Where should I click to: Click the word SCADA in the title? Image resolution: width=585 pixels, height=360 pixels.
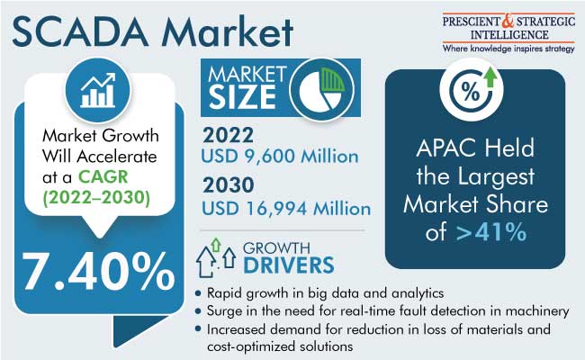click(x=80, y=32)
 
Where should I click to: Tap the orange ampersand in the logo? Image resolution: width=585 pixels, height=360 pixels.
click(x=508, y=22)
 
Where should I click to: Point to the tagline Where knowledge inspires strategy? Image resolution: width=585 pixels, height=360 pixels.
click(x=508, y=49)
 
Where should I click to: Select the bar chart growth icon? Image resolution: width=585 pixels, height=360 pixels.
click(x=98, y=90)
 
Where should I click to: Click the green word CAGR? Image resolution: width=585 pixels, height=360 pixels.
click(x=103, y=176)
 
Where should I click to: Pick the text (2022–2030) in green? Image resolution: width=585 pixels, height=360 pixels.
click(x=96, y=197)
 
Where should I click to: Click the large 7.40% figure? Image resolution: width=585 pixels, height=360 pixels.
click(x=98, y=271)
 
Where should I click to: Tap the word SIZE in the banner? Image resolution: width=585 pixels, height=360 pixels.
click(x=242, y=97)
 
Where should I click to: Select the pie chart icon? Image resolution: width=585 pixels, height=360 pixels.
click(x=322, y=89)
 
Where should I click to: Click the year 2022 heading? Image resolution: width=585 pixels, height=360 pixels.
click(x=228, y=135)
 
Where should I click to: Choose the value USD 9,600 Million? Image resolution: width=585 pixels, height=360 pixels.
click(x=280, y=156)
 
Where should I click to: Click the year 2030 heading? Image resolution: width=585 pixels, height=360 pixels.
click(x=229, y=185)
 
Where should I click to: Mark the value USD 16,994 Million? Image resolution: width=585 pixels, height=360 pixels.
click(x=286, y=209)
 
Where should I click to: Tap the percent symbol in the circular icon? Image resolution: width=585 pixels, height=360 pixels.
click(x=470, y=91)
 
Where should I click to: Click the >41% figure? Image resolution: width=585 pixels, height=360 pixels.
click(x=491, y=232)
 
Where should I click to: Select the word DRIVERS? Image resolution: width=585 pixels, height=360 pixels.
click(x=289, y=265)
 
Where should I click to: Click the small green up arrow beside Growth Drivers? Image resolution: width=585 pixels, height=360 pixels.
click(x=216, y=245)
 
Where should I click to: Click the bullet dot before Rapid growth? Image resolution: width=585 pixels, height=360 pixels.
click(x=198, y=293)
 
